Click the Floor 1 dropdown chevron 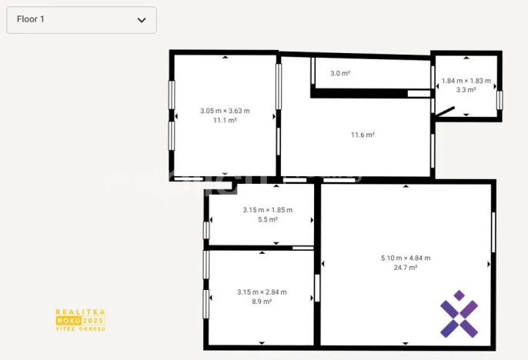(x=142, y=20)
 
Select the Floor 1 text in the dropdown (x=31, y=19)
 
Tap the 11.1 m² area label (x=225, y=121)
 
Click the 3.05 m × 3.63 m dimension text (x=225, y=111)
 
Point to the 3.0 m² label (x=340, y=73)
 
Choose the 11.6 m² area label (x=363, y=135)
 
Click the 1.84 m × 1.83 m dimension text (x=466, y=80)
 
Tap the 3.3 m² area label (x=466, y=90)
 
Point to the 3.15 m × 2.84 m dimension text (x=262, y=292)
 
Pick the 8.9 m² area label (x=262, y=302)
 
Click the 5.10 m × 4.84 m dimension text (x=406, y=258)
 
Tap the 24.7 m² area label (x=406, y=268)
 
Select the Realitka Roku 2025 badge (x=80, y=320)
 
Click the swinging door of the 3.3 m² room (x=444, y=113)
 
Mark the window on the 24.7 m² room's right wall (x=493, y=232)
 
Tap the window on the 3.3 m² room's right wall (x=500, y=100)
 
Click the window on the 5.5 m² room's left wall (x=206, y=230)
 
